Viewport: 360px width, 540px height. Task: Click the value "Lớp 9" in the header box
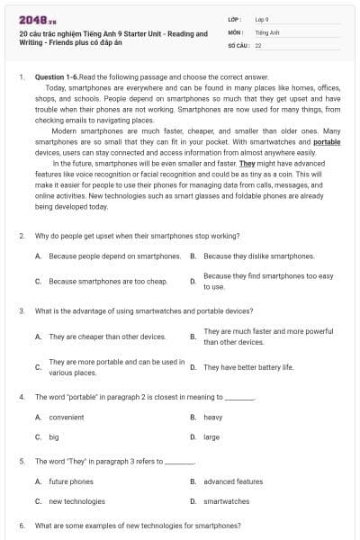pyautogui.click(x=262, y=19)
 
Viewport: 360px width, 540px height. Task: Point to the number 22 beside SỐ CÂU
pyautogui.click(x=258, y=44)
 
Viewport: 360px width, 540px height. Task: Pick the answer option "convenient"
pyautogui.click(x=66, y=418)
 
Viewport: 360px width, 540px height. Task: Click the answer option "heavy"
pyautogui.click(x=213, y=418)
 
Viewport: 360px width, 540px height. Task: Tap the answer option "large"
pyautogui.click(x=211, y=437)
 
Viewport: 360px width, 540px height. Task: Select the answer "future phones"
pyautogui.click(x=71, y=481)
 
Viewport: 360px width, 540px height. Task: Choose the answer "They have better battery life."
pyautogui.click(x=248, y=367)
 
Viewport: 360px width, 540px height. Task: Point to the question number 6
pyautogui.click(x=21, y=525)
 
